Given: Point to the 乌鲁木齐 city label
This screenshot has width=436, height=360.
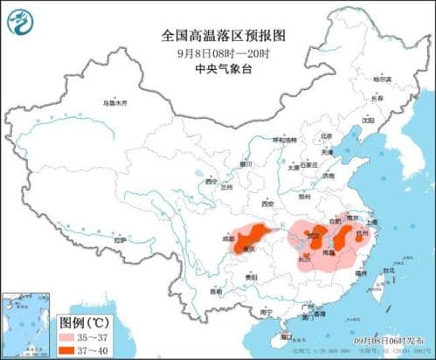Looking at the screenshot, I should pyautogui.click(x=114, y=103).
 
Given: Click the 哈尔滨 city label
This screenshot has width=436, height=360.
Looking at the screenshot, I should pyautogui.click(x=383, y=80).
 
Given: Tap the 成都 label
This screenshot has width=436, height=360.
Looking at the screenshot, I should pyautogui.click(x=229, y=236).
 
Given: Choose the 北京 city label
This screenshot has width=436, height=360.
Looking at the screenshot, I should pyautogui.click(x=326, y=136).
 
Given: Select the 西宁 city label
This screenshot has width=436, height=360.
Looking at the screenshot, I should pyautogui.click(x=210, y=182).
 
